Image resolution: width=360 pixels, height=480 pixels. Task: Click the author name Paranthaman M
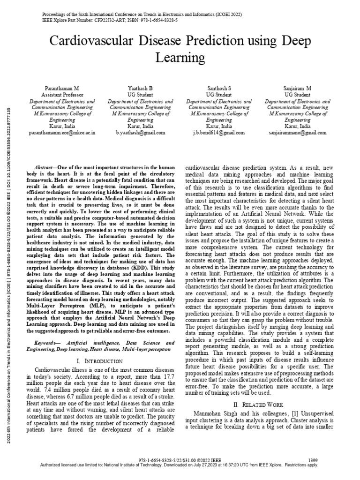[62, 89]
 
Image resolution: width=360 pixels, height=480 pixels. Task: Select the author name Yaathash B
[141, 89]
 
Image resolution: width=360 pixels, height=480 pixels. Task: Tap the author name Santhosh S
[219, 89]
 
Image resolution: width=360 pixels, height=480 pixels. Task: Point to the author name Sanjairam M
[298, 89]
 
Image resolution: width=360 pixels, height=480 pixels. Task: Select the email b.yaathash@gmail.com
[141, 133]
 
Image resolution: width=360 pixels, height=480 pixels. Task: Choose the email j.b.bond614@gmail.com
[219, 133]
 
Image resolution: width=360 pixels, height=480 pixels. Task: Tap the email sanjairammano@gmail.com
[298, 133]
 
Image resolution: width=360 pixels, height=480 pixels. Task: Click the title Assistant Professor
[62, 95]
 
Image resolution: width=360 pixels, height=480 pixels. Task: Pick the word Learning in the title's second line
[180, 58]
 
